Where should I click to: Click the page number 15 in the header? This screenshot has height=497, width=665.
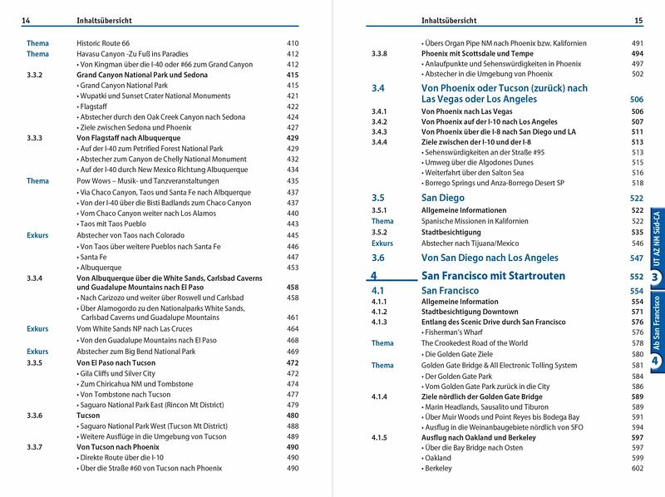click(638, 21)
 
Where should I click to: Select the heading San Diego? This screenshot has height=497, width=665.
click(443, 199)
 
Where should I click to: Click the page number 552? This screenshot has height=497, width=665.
click(637, 276)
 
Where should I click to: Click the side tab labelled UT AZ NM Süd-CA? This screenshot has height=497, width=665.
click(656, 237)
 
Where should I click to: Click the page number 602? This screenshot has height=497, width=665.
click(637, 469)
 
